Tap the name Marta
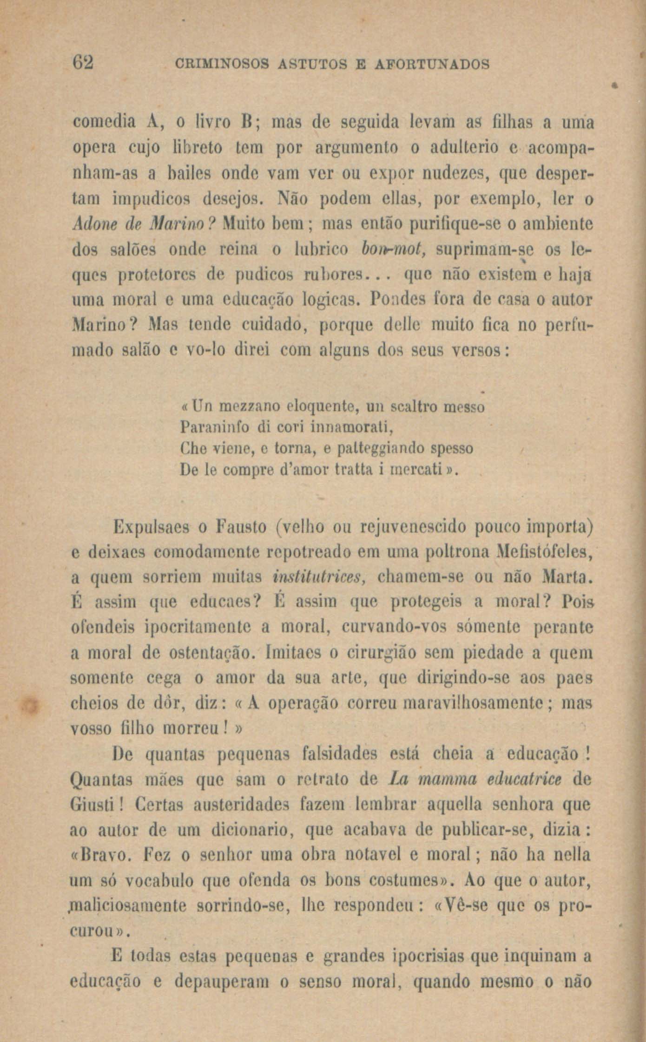(x=567, y=578)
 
